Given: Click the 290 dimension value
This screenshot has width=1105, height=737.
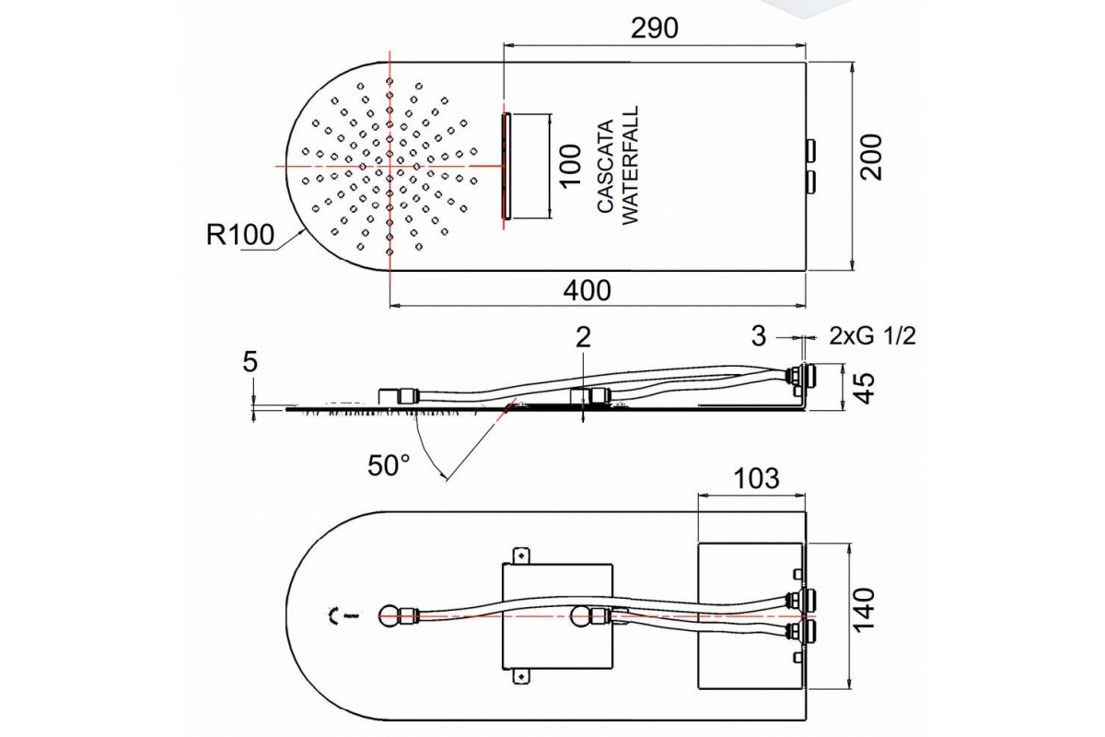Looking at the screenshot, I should (x=655, y=29).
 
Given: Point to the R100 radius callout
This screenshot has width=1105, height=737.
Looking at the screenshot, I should (x=239, y=236).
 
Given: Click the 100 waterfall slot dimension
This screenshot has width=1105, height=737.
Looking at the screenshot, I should (x=571, y=167).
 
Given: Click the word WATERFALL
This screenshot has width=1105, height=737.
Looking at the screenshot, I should (x=630, y=165).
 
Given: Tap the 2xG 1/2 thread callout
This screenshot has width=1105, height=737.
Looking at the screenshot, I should (x=871, y=337).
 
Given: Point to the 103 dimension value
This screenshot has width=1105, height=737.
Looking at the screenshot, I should (x=756, y=479).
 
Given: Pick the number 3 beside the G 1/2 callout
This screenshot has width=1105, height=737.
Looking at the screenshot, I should (x=758, y=337).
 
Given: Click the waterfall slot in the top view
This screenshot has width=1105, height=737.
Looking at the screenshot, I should (x=505, y=166).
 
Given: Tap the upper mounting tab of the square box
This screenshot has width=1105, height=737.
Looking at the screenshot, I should (x=523, y=555).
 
